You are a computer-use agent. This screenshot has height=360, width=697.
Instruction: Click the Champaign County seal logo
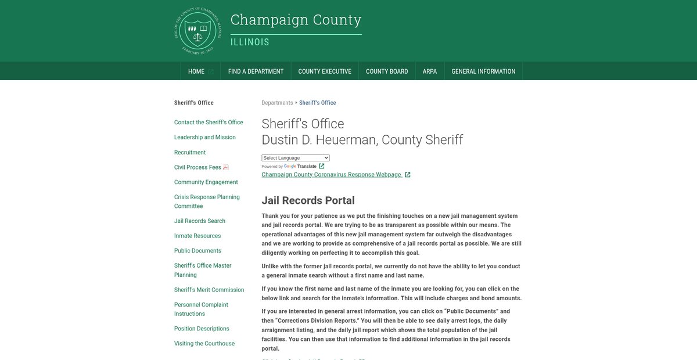click(x=198, y=31)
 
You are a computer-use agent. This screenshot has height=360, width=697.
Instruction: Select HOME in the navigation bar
click(x=196, y=71)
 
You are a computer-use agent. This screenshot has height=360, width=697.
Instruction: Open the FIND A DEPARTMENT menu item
click(x=256, y=71)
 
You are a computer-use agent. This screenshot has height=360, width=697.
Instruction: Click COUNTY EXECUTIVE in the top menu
click(x=325, y=71)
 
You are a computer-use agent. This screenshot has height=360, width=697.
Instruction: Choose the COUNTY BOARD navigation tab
click(x=387, y=71)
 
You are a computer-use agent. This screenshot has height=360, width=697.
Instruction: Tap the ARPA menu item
click(x=430, y=71)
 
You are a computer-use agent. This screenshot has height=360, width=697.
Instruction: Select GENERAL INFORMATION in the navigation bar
click(x=483, y=71)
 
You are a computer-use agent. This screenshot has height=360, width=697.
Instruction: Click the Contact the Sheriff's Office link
click(x=209, y=123)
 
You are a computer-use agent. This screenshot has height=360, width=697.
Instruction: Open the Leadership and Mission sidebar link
click(x=205, y=138)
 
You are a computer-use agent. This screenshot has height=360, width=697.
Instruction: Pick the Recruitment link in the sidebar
click(x=190, y=153)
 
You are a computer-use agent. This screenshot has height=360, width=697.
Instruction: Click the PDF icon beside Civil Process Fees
click(x=226, y=167)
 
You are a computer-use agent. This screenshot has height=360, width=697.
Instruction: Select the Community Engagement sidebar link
click(x=206, y=182)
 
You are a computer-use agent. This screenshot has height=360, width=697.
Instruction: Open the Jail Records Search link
click(x=200, y=221)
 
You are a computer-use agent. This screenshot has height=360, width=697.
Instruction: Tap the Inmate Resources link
click(x=197, y=236)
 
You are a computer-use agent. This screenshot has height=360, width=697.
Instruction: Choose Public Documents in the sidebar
click(x=197, y=251)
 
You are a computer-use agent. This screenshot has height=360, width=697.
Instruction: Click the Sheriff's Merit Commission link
click(x=209, y=290)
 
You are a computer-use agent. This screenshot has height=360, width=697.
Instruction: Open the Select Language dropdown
click(x=296, y=158)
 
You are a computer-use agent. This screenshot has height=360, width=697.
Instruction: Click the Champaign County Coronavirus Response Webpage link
click(x=332, y=175)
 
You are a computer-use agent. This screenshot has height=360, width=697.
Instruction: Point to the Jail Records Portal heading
click(x=308, y=200)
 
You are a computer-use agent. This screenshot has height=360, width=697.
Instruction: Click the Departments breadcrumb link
click(x=277, y=103)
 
